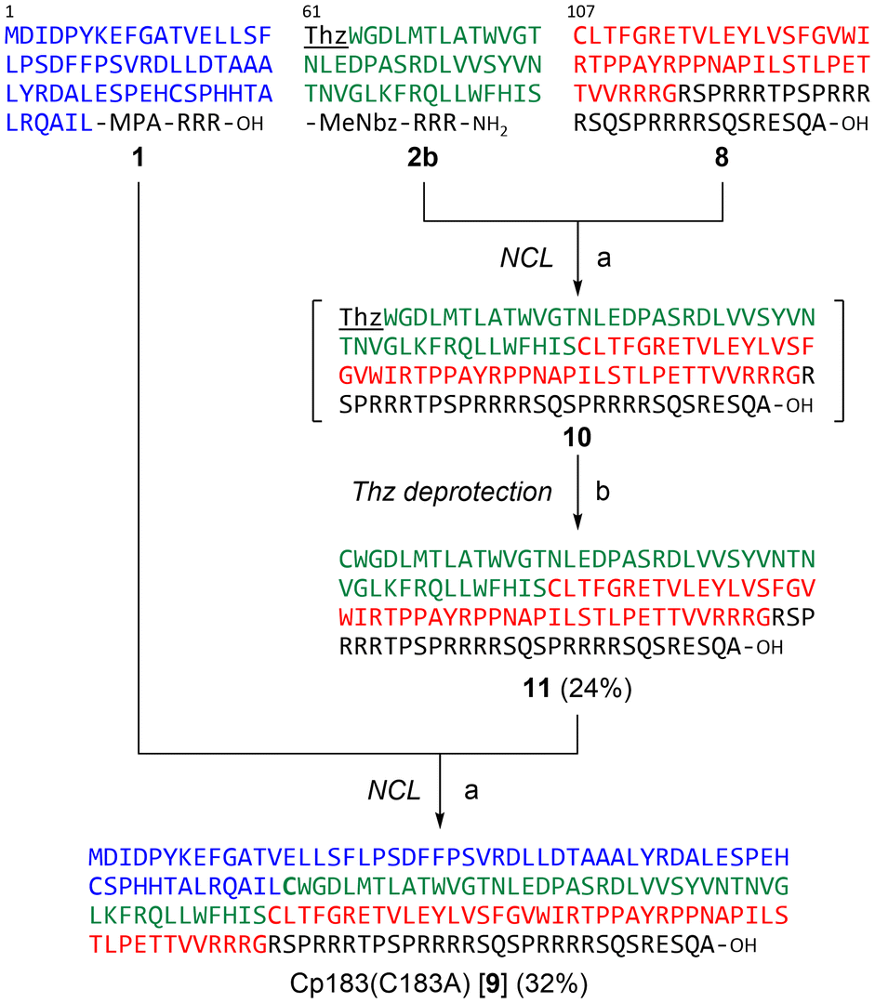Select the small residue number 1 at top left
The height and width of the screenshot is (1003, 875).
9,10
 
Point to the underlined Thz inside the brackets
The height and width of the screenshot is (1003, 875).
361,318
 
